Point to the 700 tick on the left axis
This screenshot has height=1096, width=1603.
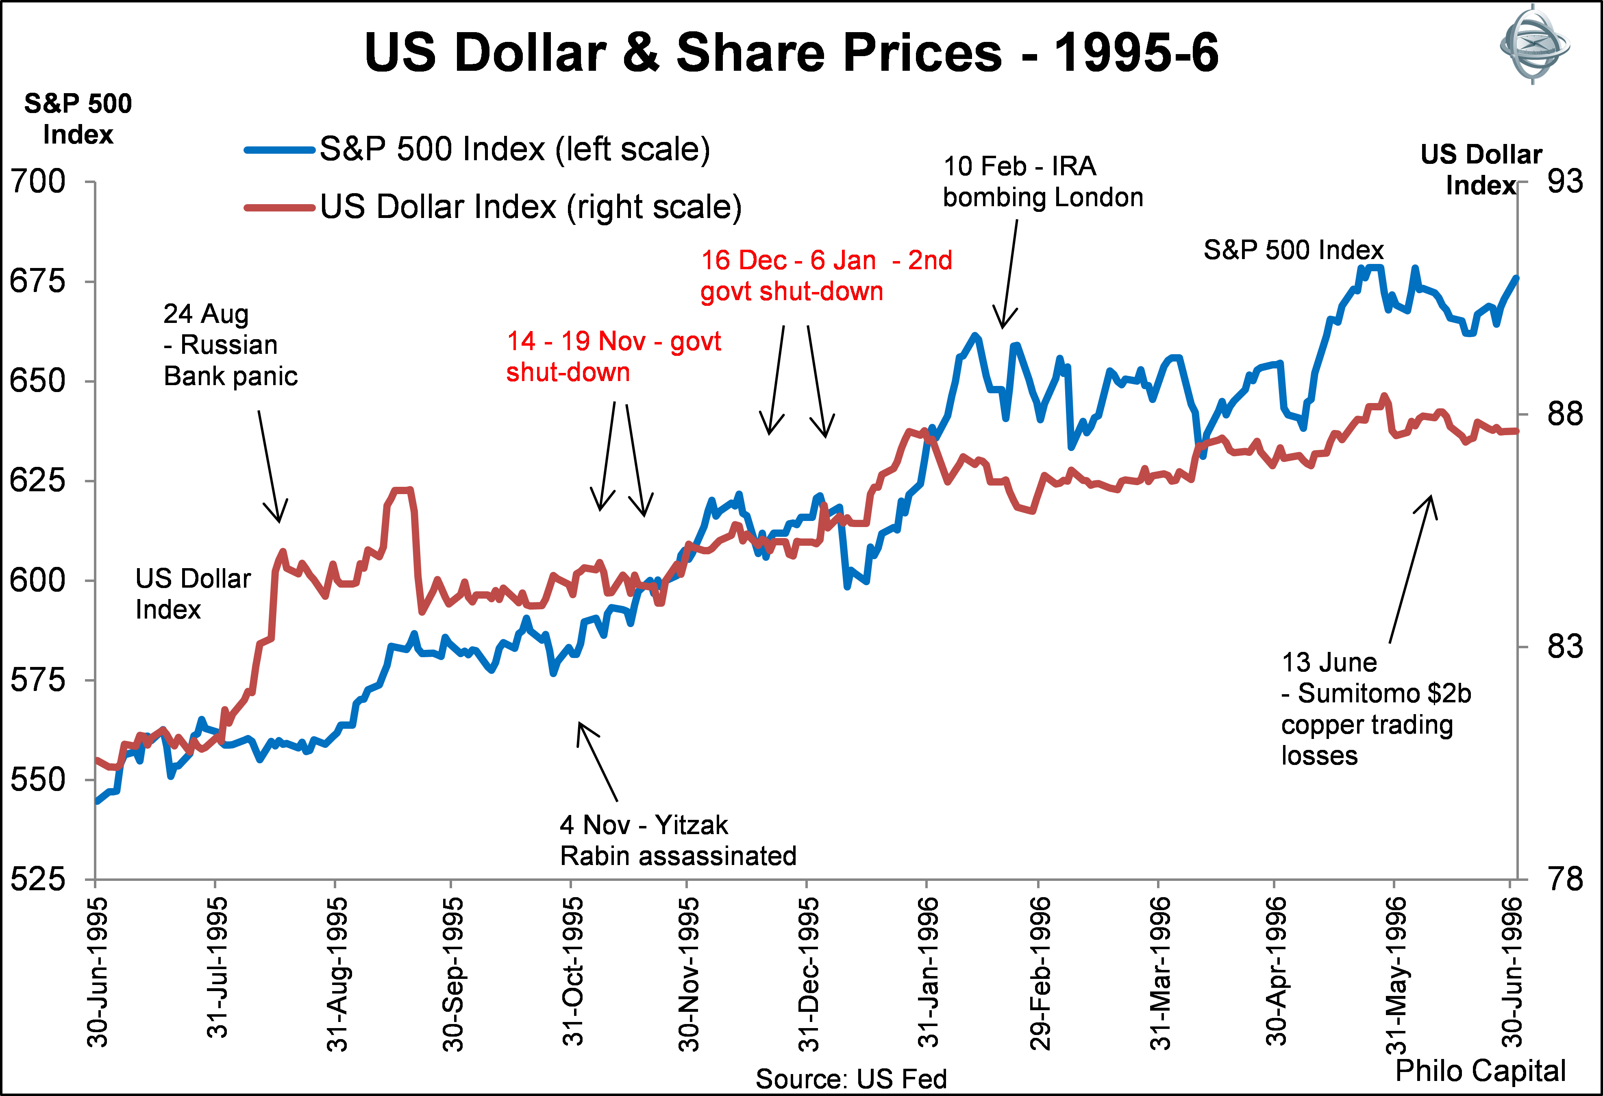(38, 182)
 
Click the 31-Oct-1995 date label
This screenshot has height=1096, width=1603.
(572, 972)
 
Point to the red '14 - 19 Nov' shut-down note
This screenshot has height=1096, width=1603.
(613, 357)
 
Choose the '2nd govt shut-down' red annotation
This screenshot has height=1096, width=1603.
(826, 276)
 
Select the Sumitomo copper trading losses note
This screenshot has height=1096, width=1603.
(1375, 709)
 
